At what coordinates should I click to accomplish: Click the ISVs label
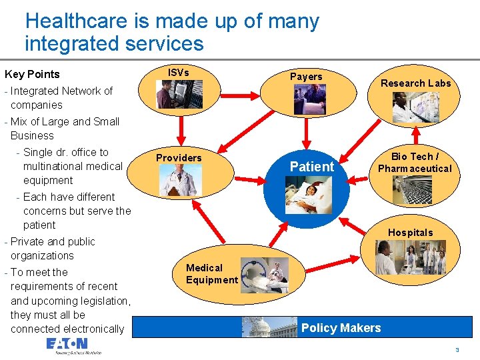coord(178,72)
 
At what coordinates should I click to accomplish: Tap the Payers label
coord(306,77)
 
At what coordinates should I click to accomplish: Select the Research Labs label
coord(415,83)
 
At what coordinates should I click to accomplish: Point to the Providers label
coord(179,158)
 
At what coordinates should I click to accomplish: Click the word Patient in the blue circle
coord(312,167)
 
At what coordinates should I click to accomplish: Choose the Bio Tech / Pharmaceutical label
coord(415,163)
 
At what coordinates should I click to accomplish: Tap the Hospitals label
coord(411,233)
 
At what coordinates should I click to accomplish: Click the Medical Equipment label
coord(212,274)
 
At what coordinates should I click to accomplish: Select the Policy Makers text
coord(341,328)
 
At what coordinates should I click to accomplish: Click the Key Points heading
coord(32,74)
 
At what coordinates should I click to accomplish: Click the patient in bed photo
coord(309,195)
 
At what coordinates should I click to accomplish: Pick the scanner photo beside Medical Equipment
coord(265,275)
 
